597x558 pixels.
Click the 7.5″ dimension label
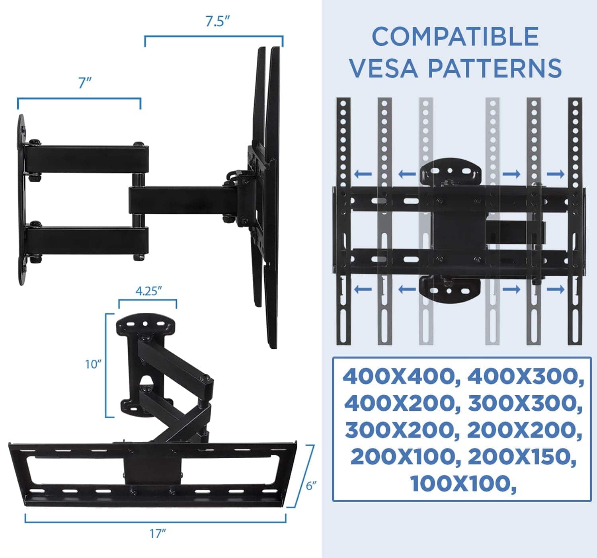click(x=217, y=21)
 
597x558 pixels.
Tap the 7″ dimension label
click(x=85, y=83)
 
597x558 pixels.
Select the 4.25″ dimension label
click(x=149, y=291)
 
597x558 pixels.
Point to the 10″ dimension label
click(x=93, y=365)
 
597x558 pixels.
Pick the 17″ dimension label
click(x=158, y=534)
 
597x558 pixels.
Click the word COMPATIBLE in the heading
click(x=455, y=36)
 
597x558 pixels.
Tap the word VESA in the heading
click(x=384, y=68)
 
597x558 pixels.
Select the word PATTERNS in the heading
click(x=495, y=68)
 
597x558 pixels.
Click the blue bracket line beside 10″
click(x=106, y=365)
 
